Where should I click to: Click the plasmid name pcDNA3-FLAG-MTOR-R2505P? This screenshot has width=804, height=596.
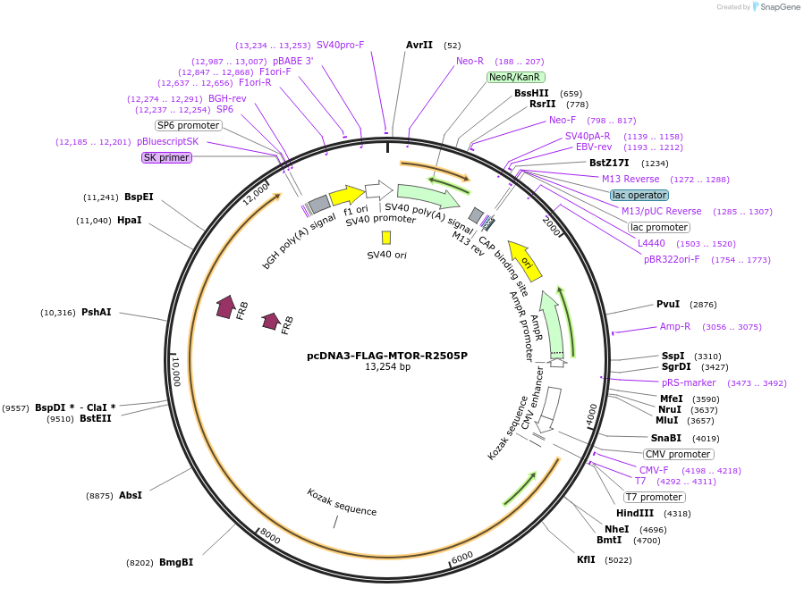coord(387,355)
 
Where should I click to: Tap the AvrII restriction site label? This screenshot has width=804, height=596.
coord(419,45)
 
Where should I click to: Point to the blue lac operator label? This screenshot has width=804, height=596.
coord(639,195)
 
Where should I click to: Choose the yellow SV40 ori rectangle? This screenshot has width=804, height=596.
coord(386,238)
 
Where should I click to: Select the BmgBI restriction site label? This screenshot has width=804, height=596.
coord(176,562)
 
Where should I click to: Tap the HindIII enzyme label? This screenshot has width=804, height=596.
coord(635,514)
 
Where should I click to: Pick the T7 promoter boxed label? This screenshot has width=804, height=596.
coord(655,497)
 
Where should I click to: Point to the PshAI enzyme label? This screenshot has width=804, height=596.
coord(96,313)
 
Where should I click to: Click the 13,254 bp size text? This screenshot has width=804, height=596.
coord(387,367)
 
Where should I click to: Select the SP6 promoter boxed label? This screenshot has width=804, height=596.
coord(188,125)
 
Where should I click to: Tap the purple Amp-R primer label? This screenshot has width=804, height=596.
coord(675,327)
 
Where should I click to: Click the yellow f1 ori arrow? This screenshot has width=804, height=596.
coord(345,196)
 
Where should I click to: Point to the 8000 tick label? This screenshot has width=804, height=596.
coord(270,536)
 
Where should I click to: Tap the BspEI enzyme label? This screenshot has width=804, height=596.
coord(139,197)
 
